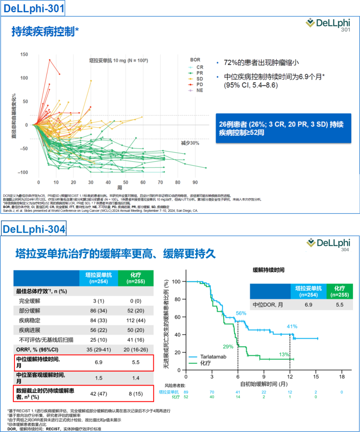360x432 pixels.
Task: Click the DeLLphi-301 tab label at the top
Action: click(x=33, y=8)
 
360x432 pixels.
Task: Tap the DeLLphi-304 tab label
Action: click(x=34, y=229)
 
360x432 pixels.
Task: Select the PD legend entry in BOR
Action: click(x=199, y=84)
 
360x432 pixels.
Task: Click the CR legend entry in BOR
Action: click(x=199, y=67)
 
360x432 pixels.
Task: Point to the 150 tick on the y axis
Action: click(x=24, y=54)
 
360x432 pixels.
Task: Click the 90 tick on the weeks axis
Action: click(x=195, y=182)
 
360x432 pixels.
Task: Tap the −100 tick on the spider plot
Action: click(x=23, y=172)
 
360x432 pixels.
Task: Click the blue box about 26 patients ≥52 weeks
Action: click(x=283, y=128)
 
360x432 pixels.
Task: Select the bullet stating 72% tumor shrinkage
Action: click(x=261, y=63)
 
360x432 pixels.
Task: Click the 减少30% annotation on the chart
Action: click(x=190, y=143)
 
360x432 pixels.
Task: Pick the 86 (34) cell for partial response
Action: click(x=99, y=311)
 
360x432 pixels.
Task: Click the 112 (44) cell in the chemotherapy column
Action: click(x=136, y=320)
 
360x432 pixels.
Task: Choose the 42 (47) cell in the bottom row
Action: click(x=99, y=394)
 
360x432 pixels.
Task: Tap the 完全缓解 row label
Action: click(x=30, y=301)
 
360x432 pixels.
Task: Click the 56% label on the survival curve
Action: click(x=241, y=313)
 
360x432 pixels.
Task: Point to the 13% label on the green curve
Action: click(x=284, y=354)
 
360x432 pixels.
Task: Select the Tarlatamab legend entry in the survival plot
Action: click(x=213, y=357)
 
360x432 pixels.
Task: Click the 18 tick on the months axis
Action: click(x=342, y=377)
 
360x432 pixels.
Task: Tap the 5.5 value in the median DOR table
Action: click(x=339, y=305)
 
